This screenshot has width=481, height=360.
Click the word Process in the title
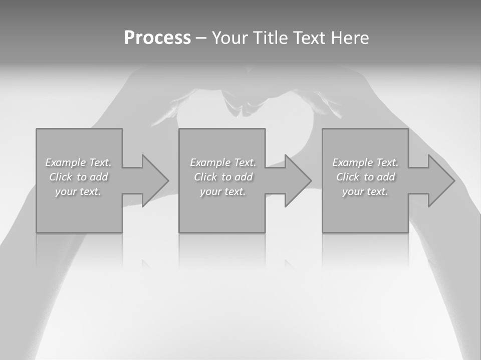157,38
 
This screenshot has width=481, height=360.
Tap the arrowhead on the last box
440,180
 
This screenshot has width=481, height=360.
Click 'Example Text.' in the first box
78,162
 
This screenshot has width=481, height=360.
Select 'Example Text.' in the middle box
223,162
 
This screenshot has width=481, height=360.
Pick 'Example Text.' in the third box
365,162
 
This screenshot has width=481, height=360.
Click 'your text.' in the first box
78,191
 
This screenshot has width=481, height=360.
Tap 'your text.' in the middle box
223,191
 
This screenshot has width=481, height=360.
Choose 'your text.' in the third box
365,191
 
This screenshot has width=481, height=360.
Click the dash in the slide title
201,38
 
